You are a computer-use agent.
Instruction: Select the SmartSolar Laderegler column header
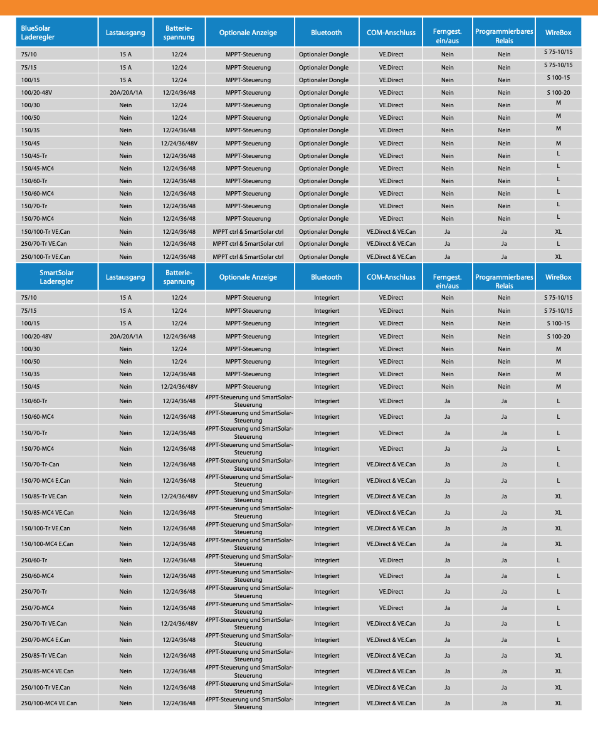click(56, 277)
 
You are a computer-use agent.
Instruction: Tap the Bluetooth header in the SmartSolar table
click(327, 277)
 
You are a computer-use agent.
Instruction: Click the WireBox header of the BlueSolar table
click(558, 33)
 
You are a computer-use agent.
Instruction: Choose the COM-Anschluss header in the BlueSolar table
click(391, 33)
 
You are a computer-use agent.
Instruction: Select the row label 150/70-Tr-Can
click(40, 465)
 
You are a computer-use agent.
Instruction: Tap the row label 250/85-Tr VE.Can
click(44, 656)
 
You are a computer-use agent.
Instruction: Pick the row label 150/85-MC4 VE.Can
click(47, 513)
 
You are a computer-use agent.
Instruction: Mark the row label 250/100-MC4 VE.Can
click(49, 703)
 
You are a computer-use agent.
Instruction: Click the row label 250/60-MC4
click(38, 576)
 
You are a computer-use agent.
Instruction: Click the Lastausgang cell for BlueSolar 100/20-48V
click(126, 93)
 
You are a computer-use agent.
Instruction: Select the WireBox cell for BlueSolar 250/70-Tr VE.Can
click(558, 244)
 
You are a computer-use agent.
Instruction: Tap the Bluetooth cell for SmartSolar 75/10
click(327, 298)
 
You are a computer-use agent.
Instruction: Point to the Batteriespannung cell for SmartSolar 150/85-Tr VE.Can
click(179, 496)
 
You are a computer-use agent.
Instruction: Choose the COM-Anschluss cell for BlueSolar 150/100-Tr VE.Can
click(391, 232)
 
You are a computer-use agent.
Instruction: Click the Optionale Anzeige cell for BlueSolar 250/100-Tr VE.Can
click(248, 257)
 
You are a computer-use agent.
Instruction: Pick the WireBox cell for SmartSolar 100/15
click(558, 323)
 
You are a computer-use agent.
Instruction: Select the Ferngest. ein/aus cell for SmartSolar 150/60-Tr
click(447, 401)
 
